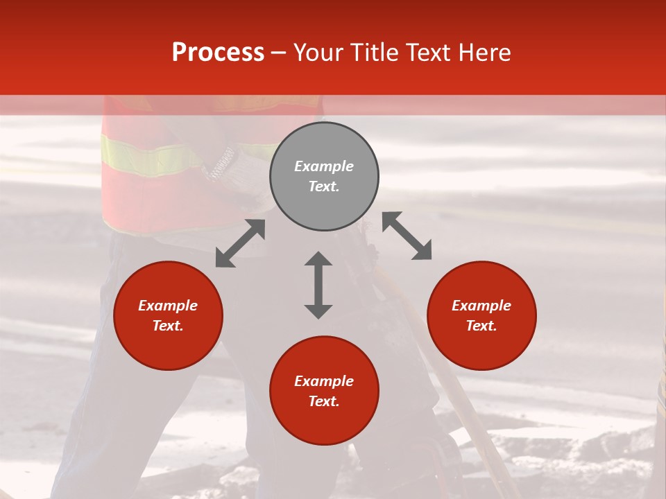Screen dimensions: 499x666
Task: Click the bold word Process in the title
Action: click(218, 53)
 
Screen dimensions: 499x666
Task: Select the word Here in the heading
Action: click(485, 53)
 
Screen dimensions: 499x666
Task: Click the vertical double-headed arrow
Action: click(318, 285)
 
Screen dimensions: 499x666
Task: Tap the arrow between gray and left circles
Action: click(240, 243)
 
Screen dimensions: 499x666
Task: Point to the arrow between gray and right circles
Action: click(407, 236)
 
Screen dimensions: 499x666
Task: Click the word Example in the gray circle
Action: click(324, 166)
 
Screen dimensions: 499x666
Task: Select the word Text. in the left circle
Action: click(168, 326)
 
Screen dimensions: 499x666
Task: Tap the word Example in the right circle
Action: click(481, 306)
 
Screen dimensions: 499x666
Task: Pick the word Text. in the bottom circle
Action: click(324, 401)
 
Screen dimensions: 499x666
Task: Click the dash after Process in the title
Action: click(279, 53)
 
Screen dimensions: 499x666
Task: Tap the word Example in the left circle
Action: click(168, 306)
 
